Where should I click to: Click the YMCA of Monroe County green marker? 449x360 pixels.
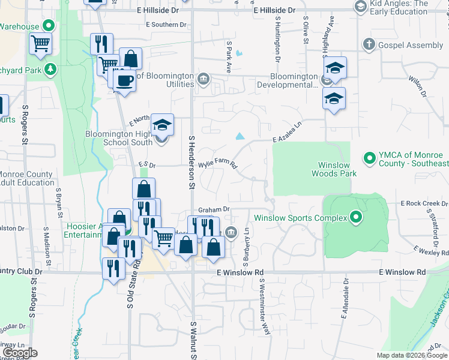[x=370, y=158]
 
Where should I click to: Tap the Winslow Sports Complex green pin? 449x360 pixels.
[x=356, y=217]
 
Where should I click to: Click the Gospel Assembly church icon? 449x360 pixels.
[x=369, y=45]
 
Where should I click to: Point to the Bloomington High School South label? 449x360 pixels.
[x=119, y=138]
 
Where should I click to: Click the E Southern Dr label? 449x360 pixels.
[x=166, y=25]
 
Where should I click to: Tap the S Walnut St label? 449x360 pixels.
[x=194, y=339]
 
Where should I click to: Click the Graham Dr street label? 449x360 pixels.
[x=214, y=209]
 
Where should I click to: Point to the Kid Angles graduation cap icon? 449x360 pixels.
[x=361, y=7]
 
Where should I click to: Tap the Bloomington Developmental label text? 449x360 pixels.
[x=294, y=80]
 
